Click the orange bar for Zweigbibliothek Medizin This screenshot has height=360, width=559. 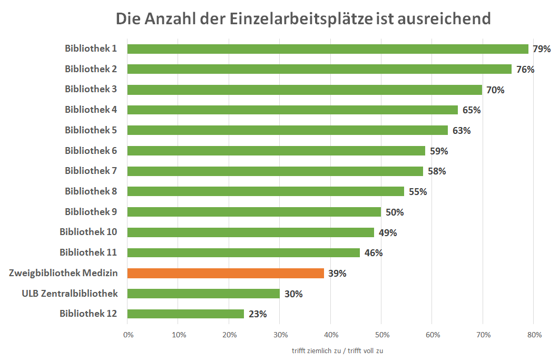pyautogui.click(x=225, y=273)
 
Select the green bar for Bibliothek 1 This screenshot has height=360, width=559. pyautogui.click(x=327, y=49)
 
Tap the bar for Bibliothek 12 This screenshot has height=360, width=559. pyautogui.click(x=185, y=314)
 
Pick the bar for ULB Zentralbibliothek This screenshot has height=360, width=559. pyautogui.click(x=203, y=294)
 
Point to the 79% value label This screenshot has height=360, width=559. pyautogui.click(x=541, y=49)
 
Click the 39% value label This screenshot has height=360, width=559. pyautogui.click(x=337, y=274)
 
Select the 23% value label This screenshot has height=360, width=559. pyautogui.click(x=258, y=314)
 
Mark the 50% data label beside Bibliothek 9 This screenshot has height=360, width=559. pyautogui.click(x=394, y=212)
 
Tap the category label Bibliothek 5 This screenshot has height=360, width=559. pyautogui.click(x=91, y=130)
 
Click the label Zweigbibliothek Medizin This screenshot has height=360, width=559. pyautogui.click(x=63, y=273)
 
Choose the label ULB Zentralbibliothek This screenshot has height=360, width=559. pyautogui.click(x=70, y=294)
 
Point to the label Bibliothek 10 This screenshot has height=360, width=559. pyautogui.click(x=88, y=232)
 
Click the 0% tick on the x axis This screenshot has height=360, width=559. pyautogui.click(x=128, y=334)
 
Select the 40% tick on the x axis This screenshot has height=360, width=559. pyautogui.click(x=331, y=334)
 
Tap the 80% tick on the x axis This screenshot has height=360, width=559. pyautogui.click(x=534, y=334)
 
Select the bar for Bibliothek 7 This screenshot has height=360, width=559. pyautogui.click(x=275, y=171)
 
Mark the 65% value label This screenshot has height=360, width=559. pyautogui.click(x=471, y=110)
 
